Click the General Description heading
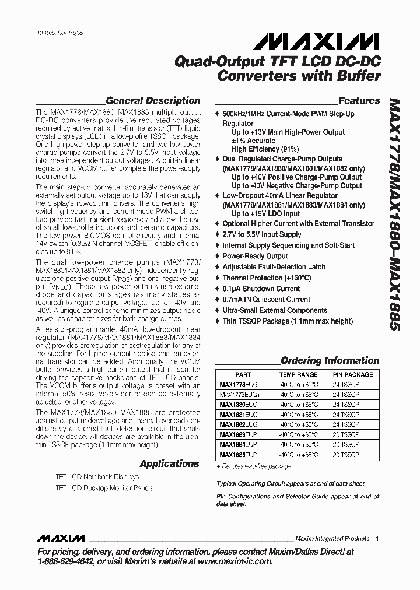tap(152, 100)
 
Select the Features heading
tap(359, 100)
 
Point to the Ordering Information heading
tap(330, 360)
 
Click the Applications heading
tap(169, 463)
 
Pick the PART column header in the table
tap(243, 375)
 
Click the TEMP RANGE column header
tap(298, 375)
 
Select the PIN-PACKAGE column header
tap(352, 375)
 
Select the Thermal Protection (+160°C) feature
tap(267, 278)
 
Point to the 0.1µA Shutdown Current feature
tap(261, 289)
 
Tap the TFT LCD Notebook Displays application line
tap(97, 477)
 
